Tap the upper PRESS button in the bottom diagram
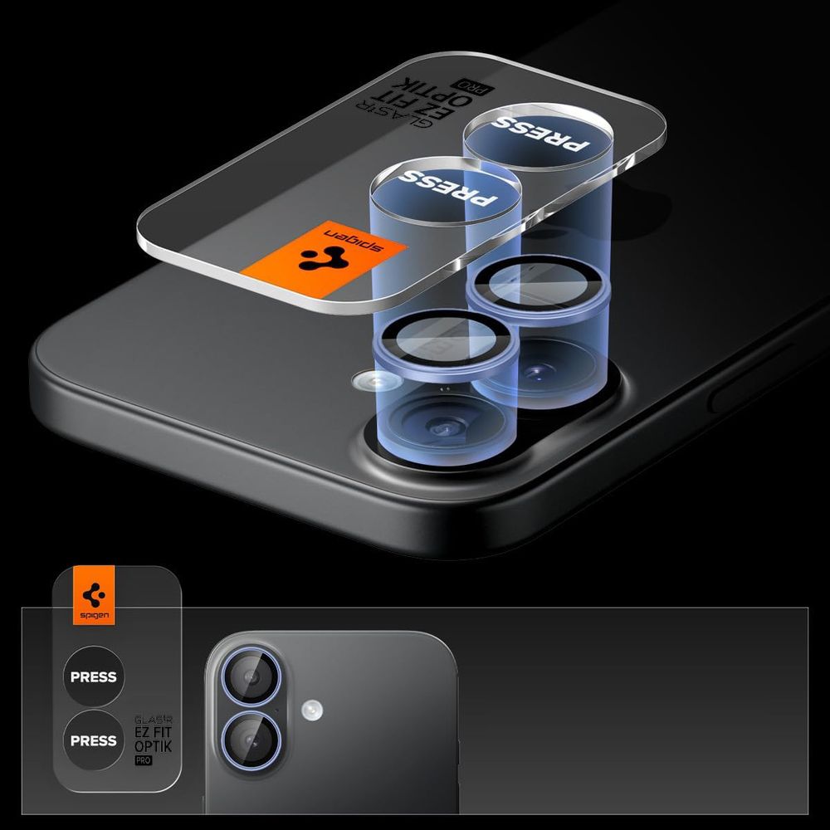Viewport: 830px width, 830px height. coord(94,676)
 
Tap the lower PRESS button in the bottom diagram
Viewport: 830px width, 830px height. coord(94,740)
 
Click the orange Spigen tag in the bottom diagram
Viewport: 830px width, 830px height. coord(95,595)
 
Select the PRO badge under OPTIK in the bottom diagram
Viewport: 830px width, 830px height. coord(143,760)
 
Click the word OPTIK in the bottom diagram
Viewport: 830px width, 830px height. coord(153,746)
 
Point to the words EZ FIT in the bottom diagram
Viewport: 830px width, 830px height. coord(153,733)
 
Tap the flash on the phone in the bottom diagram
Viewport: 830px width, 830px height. coord(312,710)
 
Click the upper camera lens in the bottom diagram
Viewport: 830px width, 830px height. coord(251,677)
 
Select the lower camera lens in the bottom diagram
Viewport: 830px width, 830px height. coord(251,740)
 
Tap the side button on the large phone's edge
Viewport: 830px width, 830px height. coord(752,378)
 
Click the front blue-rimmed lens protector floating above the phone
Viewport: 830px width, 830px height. coord(445,345)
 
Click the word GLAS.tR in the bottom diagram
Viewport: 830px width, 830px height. coord(153,720)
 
